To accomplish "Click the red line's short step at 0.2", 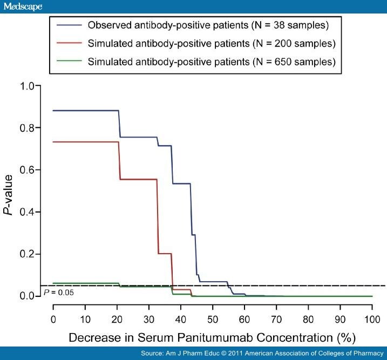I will [x=165, y=254].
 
